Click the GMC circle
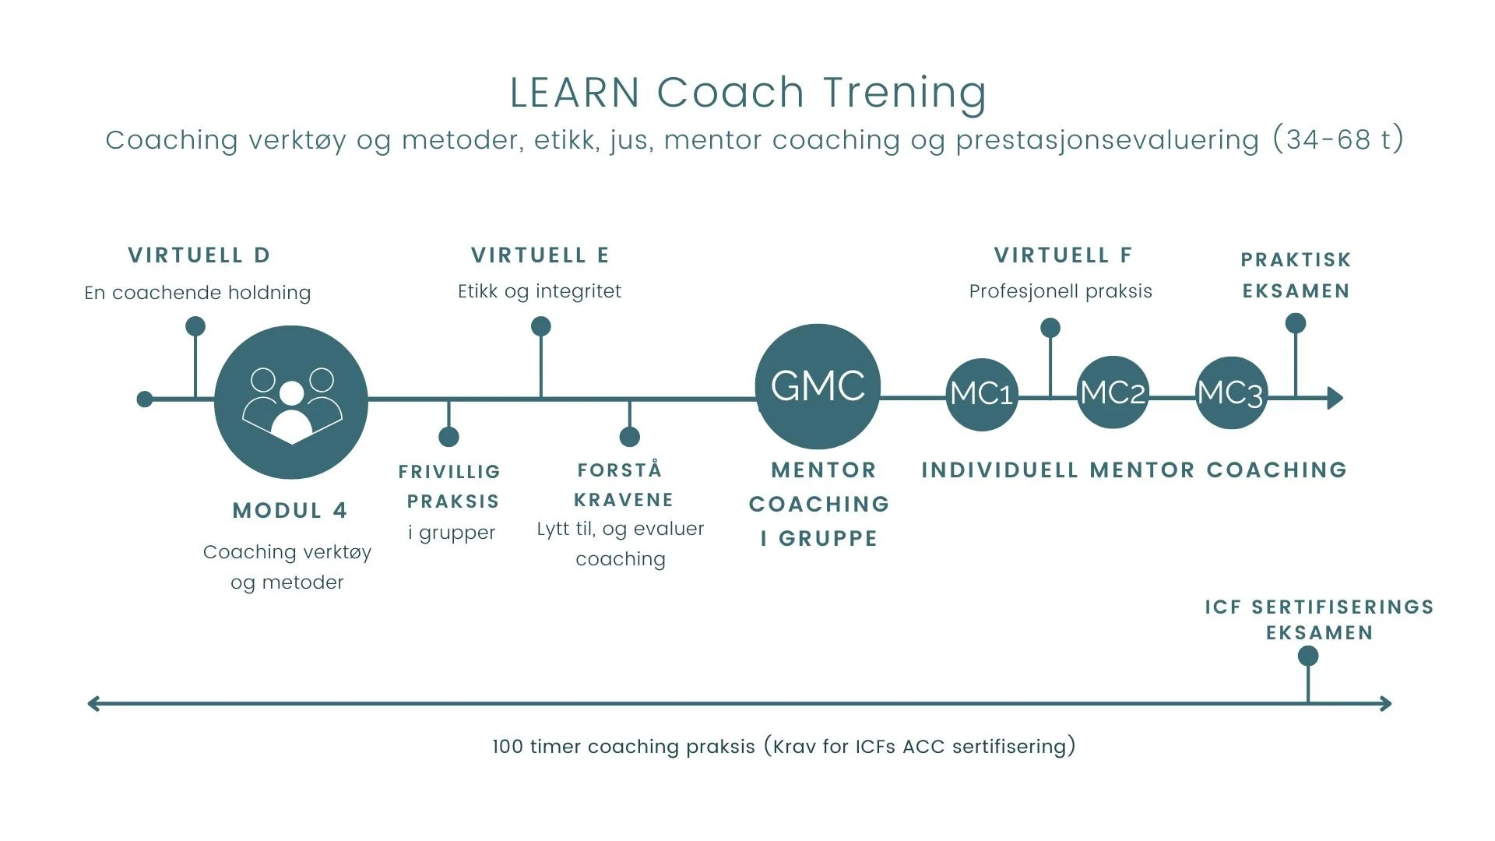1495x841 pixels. tap(818, 386)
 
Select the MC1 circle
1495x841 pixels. tap(981, 394)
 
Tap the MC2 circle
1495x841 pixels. tap(1113, 392)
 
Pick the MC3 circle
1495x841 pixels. tap(1230, 392)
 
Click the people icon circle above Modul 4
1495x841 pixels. tap(291, 402)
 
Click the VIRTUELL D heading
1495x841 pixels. tap(199, 255)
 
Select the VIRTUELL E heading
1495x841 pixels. tap(540, 255)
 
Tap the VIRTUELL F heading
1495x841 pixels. tap(1063, 255)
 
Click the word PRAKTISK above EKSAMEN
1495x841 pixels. tap(1296, 260)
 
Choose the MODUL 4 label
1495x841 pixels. tap(290, 511)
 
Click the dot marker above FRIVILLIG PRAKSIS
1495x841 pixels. tap(448, 437)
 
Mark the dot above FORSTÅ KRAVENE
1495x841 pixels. tap(629, 437)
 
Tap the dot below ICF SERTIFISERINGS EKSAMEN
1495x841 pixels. tap(1308, 656)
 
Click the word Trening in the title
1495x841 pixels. tap(905, 93)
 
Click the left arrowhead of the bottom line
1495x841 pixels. tap(94, 704)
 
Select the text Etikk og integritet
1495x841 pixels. tap(540, 292)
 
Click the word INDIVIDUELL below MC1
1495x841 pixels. tap(1000, 470)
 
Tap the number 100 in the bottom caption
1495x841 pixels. tap(508, 747)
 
